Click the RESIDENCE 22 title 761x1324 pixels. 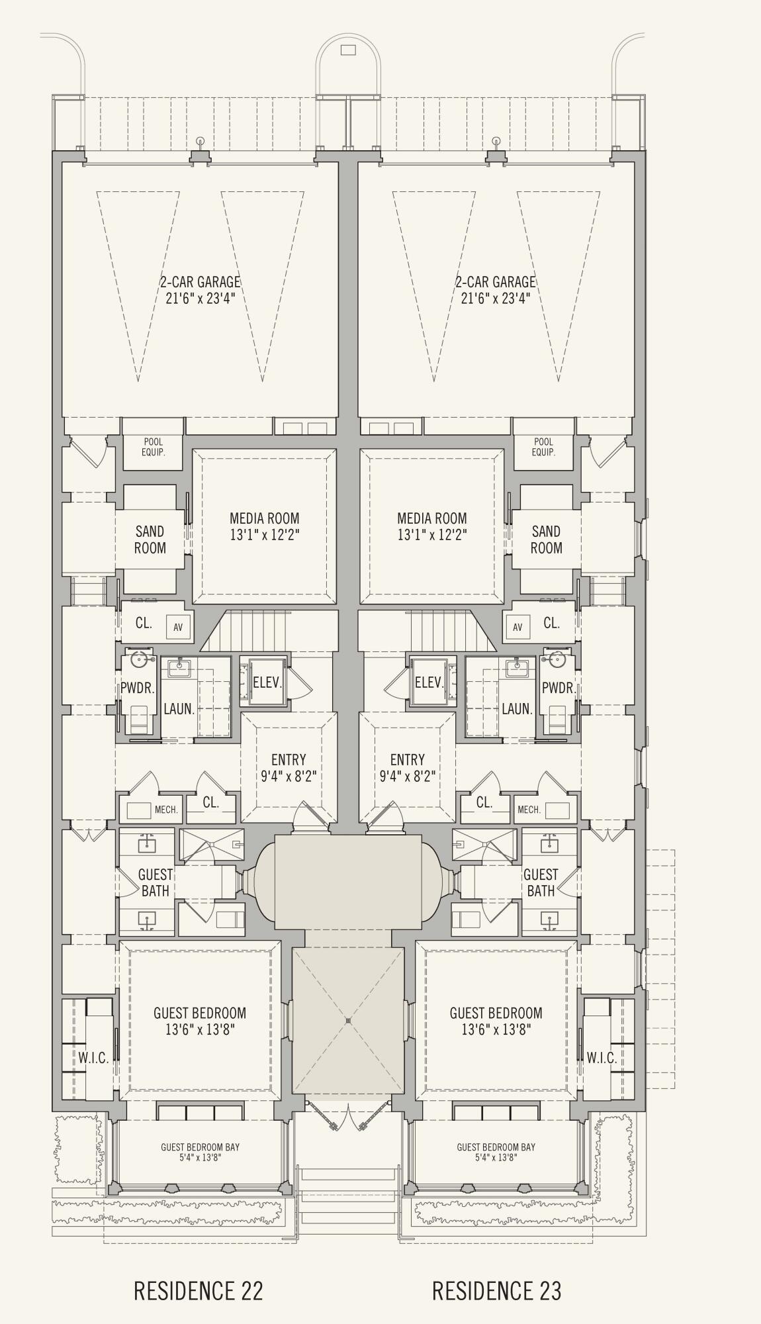[199, 1290]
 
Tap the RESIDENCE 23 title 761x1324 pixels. [497, 1290]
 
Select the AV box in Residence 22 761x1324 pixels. [178, 627]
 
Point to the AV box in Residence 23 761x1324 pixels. [517, 627]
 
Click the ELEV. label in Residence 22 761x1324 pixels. [268, 682]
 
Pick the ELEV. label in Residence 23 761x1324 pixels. [429, 682]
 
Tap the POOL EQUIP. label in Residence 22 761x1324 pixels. [153, 447]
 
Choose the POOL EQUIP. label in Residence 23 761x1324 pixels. [543, 447]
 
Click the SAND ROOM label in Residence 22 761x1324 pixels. [150, 540]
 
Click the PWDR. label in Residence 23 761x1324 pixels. [559, 688]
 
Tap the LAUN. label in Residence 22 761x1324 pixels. [179, 709]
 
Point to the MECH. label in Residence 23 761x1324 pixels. [529, 810]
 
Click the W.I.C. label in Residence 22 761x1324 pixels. [93, 1058]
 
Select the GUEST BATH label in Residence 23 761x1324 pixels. [541, 882]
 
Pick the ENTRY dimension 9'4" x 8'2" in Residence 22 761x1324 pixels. [288, 776]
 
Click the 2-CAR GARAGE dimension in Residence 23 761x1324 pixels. [496, 298]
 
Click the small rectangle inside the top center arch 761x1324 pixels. [348, 50]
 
